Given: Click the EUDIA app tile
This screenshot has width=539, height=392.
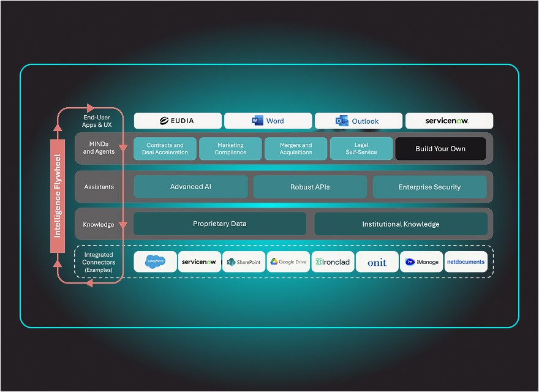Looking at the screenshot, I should point(178,121).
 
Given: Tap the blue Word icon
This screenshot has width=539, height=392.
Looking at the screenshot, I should point(257,121).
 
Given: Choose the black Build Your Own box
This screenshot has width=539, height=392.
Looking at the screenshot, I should point(440,149).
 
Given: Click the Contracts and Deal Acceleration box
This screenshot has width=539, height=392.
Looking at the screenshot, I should point(165,149).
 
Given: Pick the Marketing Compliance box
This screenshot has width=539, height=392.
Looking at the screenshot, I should point(230,149).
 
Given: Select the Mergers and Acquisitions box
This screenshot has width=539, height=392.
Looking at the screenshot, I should point(296,149).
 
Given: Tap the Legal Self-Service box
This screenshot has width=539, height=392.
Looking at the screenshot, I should point(361,149).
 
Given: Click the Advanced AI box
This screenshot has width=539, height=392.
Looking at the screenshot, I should point(190,187).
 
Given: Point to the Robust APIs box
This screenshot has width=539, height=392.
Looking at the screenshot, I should point(310,187).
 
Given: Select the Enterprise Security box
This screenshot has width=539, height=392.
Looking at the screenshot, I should point(429,187).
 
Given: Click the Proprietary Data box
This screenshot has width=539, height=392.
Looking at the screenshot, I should point(219,224).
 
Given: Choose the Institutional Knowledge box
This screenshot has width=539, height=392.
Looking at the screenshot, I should point(401,224).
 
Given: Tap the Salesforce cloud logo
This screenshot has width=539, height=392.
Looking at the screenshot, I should point(156,262).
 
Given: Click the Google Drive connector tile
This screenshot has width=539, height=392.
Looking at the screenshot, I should point(288,262).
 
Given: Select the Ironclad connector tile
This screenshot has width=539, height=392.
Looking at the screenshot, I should point(333,262).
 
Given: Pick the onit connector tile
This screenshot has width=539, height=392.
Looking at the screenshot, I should point(377,262).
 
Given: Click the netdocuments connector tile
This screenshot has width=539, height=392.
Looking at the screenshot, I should point(466,262).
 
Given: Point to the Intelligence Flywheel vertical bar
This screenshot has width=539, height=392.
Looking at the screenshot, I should point(58,196).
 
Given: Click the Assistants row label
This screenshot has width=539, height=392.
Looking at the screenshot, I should point(99,187).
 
